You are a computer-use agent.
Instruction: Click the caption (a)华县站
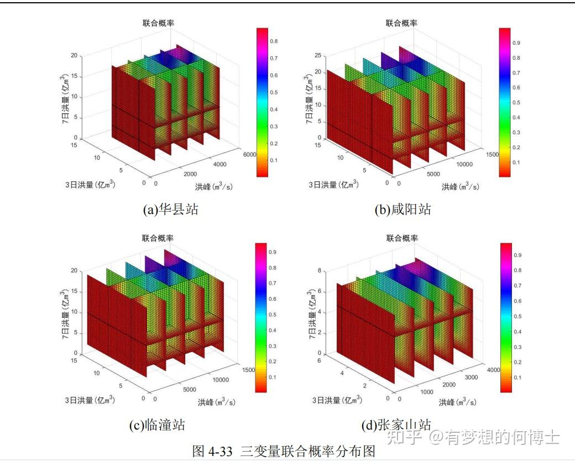click(x=170, y=209)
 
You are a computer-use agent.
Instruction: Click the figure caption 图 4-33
click(x=284, y=450)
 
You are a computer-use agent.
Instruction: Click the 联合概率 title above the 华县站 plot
click(x=158, y=23)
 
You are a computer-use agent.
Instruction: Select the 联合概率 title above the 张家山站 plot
click(x=402, y=238)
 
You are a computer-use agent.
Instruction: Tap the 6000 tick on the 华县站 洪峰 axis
click(x=249, y=155)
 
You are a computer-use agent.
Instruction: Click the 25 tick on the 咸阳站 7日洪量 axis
click(x=318, y=55)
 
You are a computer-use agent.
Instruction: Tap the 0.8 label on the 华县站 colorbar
click(x=273, y=41)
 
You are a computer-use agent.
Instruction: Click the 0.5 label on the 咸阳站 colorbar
click(x=515, y=103)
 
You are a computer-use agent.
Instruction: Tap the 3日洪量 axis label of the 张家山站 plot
click(x=337, y=400)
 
